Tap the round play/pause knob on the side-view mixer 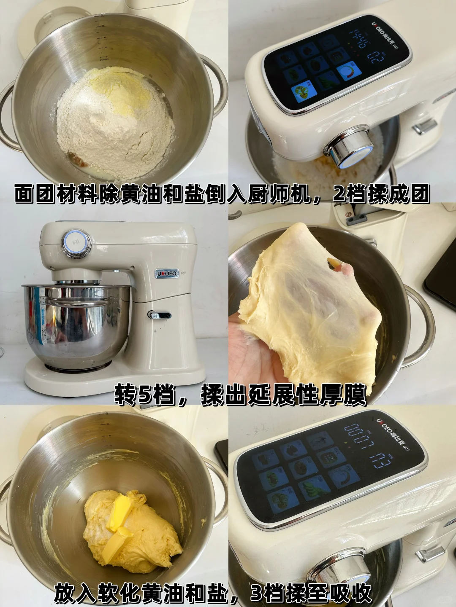click(76, 243)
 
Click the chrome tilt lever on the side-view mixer click(160, 314)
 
